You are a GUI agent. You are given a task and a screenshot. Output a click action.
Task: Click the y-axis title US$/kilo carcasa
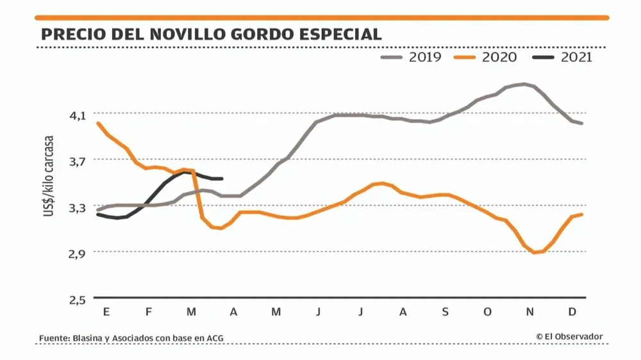(49, 176)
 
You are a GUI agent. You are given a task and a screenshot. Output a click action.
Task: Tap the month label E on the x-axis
(106, 312)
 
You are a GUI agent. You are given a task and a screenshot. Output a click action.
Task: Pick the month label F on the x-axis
(149, 312)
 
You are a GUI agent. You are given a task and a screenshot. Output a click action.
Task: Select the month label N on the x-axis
(529, 312)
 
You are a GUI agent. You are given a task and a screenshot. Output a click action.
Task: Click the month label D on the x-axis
(572, 312)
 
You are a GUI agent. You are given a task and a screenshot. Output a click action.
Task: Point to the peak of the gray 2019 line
(524, 84)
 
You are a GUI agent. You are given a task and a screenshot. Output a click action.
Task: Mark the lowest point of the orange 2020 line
(534, 252)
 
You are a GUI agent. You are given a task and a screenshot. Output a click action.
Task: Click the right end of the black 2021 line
(221, 179)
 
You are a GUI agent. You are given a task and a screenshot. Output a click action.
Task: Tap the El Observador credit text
(570, 336)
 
